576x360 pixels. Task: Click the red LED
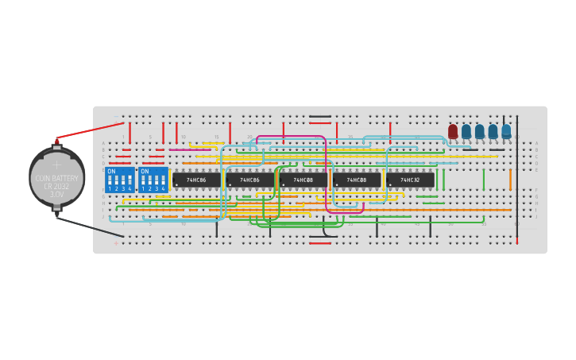[453, 132]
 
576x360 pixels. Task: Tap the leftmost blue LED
[466, 132]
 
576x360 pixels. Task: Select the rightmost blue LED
[506, 132]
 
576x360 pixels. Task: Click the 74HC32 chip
[410, 180]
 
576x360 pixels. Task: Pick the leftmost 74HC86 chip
[196, 180]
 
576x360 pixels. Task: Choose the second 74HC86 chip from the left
[249, 180]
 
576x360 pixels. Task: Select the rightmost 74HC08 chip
[357, 180]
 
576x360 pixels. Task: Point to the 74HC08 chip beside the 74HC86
[303, 180]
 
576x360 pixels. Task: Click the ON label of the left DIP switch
[111, 171]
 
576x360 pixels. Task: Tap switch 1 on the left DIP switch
[110, 182]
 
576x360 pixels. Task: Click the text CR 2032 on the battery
[56, 186]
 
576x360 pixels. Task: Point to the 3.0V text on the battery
[56, 194]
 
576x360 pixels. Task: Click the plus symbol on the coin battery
[56, 165]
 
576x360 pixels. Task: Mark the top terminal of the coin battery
[56, 144]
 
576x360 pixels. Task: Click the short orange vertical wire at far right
[510, 180]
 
